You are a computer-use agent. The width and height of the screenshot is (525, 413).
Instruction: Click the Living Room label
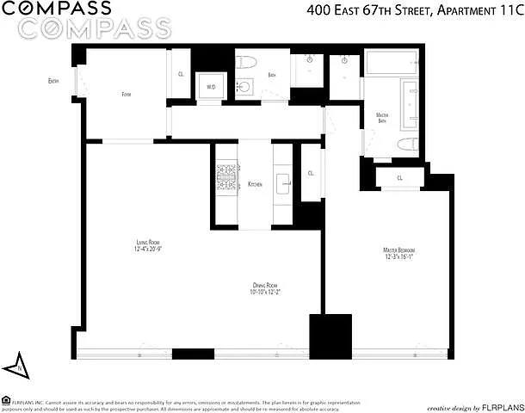tap(149, 243)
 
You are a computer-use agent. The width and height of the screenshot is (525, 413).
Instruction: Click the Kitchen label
tap(255, 185)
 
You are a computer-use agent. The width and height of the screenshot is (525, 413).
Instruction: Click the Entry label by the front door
tap(53, 82)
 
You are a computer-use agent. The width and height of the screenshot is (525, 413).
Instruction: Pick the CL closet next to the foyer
tap(181, 75)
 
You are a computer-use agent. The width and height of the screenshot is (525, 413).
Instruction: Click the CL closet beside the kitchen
tap(310, 173)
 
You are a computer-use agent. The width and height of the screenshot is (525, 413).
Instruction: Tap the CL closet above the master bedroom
tap(399, 178)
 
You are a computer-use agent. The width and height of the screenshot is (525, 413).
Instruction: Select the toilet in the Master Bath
tap(411, 143)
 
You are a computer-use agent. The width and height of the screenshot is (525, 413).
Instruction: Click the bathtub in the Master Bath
tap(392, 65)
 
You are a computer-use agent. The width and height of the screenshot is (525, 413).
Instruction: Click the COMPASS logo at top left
tap(56, 9)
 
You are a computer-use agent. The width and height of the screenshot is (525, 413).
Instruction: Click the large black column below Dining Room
tap(330, 336)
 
